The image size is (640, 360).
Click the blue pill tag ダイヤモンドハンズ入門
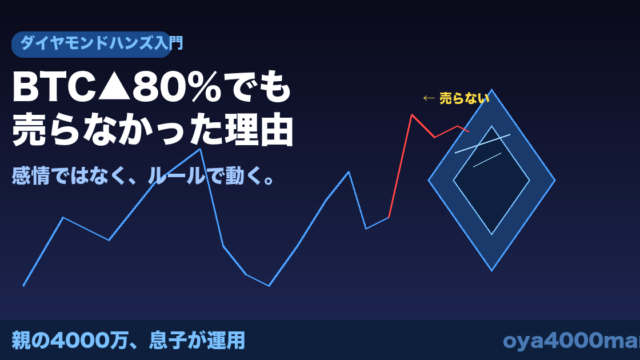tap(91, 44)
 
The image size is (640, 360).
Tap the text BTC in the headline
tap(54, 87)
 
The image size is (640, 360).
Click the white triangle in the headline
tap(114, 87)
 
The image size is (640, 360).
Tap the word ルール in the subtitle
tap(176, 176)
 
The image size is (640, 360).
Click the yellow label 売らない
tap(464, 98)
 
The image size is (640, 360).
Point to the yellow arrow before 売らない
tap(429, 98)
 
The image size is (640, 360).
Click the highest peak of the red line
tap(412, 115)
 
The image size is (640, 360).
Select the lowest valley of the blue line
tap(269, 286)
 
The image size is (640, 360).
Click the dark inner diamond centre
tap(491, 180)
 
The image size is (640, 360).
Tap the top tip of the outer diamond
tap(491, 89)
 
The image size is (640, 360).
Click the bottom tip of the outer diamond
tap(491, 271)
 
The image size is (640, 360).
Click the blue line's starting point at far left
tap(24, 286)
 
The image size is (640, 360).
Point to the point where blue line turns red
tap(389, 217)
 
